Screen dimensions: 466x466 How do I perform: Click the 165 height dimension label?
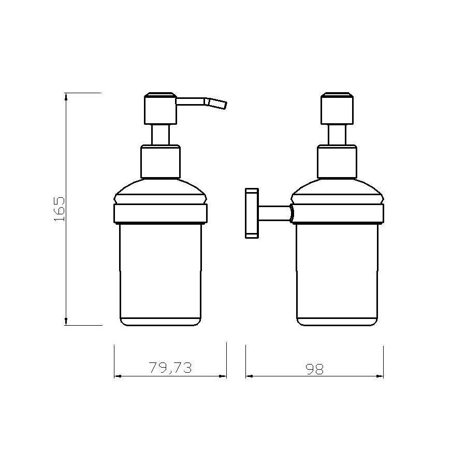click(59, 209)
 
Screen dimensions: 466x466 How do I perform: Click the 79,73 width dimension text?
click(170, 368)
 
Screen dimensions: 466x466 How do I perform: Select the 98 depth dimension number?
click(314, 369)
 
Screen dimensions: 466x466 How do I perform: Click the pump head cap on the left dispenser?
click(161, 109)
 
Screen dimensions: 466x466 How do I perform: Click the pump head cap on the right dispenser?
click(337, 109)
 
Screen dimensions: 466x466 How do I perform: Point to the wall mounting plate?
click(252, 213)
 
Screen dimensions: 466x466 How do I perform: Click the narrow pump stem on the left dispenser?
click(161, 135)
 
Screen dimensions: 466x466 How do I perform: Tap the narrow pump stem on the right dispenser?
click(337, 135)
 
